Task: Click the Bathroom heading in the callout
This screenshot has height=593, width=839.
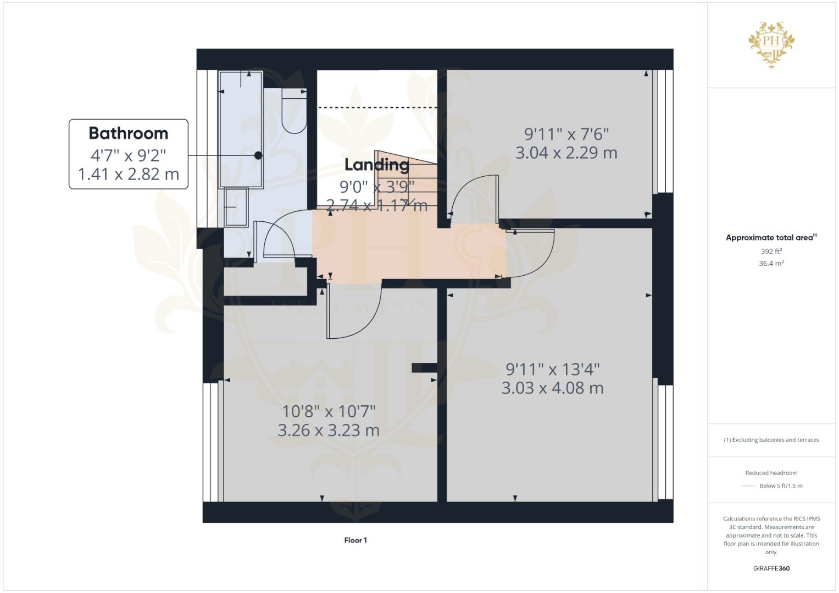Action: coord(128,133)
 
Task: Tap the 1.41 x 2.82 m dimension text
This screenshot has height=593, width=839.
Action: coord(128,174)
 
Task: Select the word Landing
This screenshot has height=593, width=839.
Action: coord(376,164)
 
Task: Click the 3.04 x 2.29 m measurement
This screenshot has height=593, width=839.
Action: coord(566,153)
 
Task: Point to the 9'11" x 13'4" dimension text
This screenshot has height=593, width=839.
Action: coord(552,369)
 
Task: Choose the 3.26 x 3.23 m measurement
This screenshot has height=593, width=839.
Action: coord(328,430)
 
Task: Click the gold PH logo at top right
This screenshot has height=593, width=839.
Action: coord(771,44)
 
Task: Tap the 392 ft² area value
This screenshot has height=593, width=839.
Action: coord(771,251)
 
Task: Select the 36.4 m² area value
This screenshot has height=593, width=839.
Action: coord(771,264)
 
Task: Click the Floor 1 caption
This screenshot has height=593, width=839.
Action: coord(355,540)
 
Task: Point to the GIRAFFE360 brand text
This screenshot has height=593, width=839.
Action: coord(771,568)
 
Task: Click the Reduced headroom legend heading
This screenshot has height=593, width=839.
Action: coord(771,473)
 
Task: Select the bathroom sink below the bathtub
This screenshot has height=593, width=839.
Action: coord(236,207)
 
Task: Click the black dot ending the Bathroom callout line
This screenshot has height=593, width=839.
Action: coord(258,155)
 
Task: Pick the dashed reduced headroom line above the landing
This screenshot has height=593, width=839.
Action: coord(378,108)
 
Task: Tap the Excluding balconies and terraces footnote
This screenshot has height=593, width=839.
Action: coord(771,440)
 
